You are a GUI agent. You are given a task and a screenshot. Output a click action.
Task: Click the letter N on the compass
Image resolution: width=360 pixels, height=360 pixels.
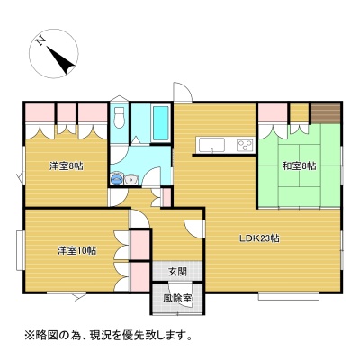(40, 40)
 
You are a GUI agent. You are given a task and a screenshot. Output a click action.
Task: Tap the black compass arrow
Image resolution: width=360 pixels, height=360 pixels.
(61, 60)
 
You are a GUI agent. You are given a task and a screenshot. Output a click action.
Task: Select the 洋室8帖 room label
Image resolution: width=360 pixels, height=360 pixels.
(67, 166)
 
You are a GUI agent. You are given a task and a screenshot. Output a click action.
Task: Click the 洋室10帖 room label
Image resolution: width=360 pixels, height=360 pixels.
(77, 250)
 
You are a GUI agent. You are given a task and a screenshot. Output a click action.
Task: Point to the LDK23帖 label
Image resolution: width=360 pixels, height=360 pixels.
(259, 238)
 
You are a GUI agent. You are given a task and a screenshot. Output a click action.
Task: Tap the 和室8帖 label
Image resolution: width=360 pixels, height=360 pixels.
(299, 166)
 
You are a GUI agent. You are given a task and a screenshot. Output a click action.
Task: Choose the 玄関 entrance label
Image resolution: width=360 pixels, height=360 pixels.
(177, 272)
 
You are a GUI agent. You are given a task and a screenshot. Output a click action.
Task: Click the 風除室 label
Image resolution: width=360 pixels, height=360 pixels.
(177, 299)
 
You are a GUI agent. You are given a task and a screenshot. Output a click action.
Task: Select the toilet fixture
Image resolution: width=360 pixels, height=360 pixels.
(120, 117)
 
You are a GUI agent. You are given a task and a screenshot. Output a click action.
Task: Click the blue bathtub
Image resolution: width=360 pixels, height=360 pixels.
(161, 122)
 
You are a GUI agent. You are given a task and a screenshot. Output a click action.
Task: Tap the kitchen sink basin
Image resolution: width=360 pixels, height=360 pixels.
(212, 146)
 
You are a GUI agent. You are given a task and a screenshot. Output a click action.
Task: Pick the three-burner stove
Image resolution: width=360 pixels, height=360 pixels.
(245, 145)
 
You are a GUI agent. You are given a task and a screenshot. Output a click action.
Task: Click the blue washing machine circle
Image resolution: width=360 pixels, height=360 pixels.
(116, 180)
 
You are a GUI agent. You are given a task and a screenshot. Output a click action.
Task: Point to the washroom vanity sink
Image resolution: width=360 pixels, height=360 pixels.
(130, 180)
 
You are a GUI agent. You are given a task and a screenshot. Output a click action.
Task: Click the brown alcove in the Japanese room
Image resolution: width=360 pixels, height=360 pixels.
(325, 113)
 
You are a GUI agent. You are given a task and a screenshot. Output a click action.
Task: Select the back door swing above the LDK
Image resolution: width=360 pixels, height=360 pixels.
(183, 93)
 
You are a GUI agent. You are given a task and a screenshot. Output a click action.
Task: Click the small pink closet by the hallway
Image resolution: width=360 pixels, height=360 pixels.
(166, 197)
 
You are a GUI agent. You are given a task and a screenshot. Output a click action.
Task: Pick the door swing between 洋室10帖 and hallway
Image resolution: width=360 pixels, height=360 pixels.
(139, 219)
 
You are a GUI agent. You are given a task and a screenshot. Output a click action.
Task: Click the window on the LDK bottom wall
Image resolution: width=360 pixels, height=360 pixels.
(289, 296)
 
